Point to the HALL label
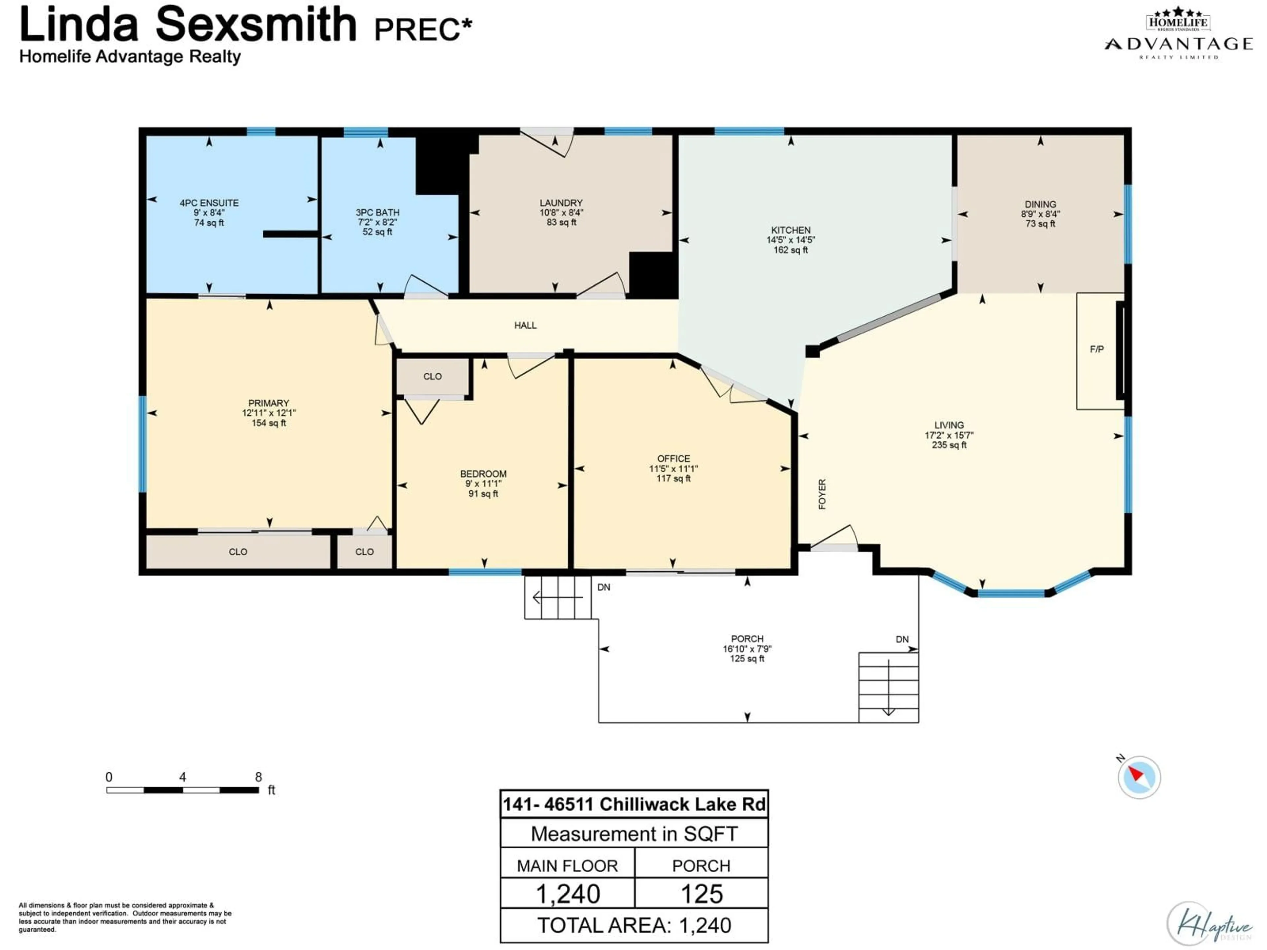tap(525, 325)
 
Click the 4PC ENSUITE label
tap(209, 203)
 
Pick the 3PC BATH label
tap(377, 212)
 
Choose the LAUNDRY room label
tap(561, 203)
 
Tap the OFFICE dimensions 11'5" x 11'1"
tap(674, 468)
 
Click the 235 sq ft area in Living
tap(949, 445)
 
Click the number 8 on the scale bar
tap(258, 777)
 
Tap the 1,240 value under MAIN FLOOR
tap(568, 894)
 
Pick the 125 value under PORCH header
tap(702, 894)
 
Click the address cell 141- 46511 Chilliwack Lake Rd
tap(634, 805)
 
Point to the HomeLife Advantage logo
tap(1178, 34)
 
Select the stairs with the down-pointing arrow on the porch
tap(889, 687)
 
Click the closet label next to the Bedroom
tap(433, 376)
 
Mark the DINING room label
tap(1040, 204)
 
